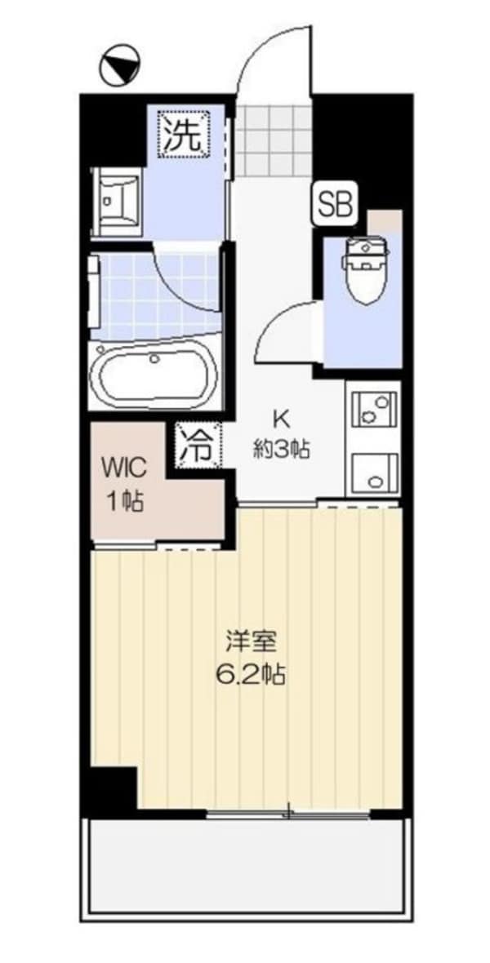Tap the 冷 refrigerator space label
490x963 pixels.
click(x=197, y=446)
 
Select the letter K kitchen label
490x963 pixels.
click(x=280, y=419)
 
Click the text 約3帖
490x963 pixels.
click(x=280, y=450)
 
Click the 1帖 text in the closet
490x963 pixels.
click(x=124, y=500)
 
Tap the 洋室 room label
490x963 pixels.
click(x=252, y=641)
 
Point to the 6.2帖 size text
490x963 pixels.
click(x=252, y=675)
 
